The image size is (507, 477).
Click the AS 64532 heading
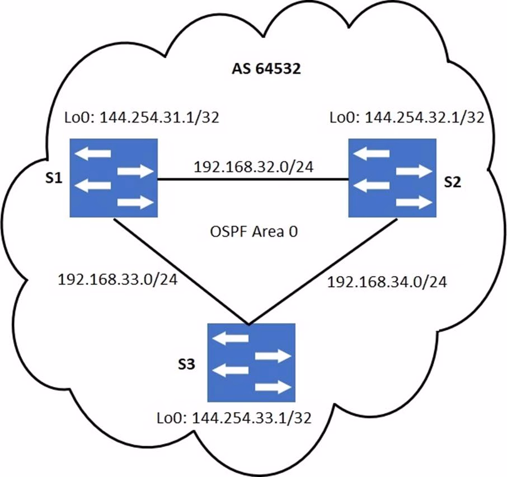[267, 71]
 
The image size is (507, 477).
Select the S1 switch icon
[114, 179]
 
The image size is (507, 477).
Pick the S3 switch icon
[251, 362]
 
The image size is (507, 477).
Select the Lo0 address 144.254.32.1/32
[407, 119]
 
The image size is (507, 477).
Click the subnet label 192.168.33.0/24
[118, 280]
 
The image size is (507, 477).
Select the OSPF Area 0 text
[252, 232]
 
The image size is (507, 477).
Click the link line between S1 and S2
[253, 179]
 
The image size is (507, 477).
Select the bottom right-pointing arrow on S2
[414, 203]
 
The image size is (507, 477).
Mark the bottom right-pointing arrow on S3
[273, 387]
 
